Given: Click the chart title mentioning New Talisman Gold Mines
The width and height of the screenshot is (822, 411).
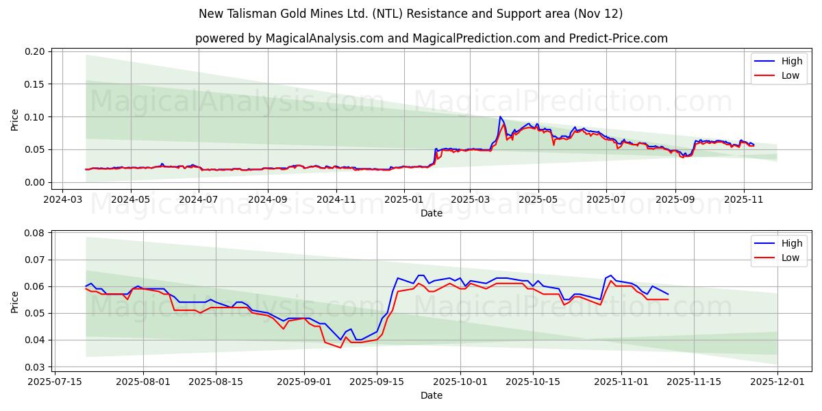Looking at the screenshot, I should coord(410,14).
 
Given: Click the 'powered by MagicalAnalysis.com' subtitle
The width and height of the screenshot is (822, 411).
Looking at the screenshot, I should coord(431,38).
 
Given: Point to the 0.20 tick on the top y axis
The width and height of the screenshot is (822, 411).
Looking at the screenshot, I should coord(36,51).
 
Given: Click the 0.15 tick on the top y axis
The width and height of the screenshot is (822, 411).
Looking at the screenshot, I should coord(36,84).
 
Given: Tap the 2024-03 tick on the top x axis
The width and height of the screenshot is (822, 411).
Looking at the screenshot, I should coord(63,199).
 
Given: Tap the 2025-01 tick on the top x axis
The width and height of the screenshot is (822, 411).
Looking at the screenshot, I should coord(403,199).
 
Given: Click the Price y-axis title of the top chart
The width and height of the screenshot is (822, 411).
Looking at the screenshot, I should coord(15,120).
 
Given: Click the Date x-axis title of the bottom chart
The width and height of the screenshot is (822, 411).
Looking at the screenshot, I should coord(431,395).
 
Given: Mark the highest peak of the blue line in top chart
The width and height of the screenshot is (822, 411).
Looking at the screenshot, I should coord(500,117).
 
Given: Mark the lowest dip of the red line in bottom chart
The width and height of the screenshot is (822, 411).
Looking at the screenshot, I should coord(340,347).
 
